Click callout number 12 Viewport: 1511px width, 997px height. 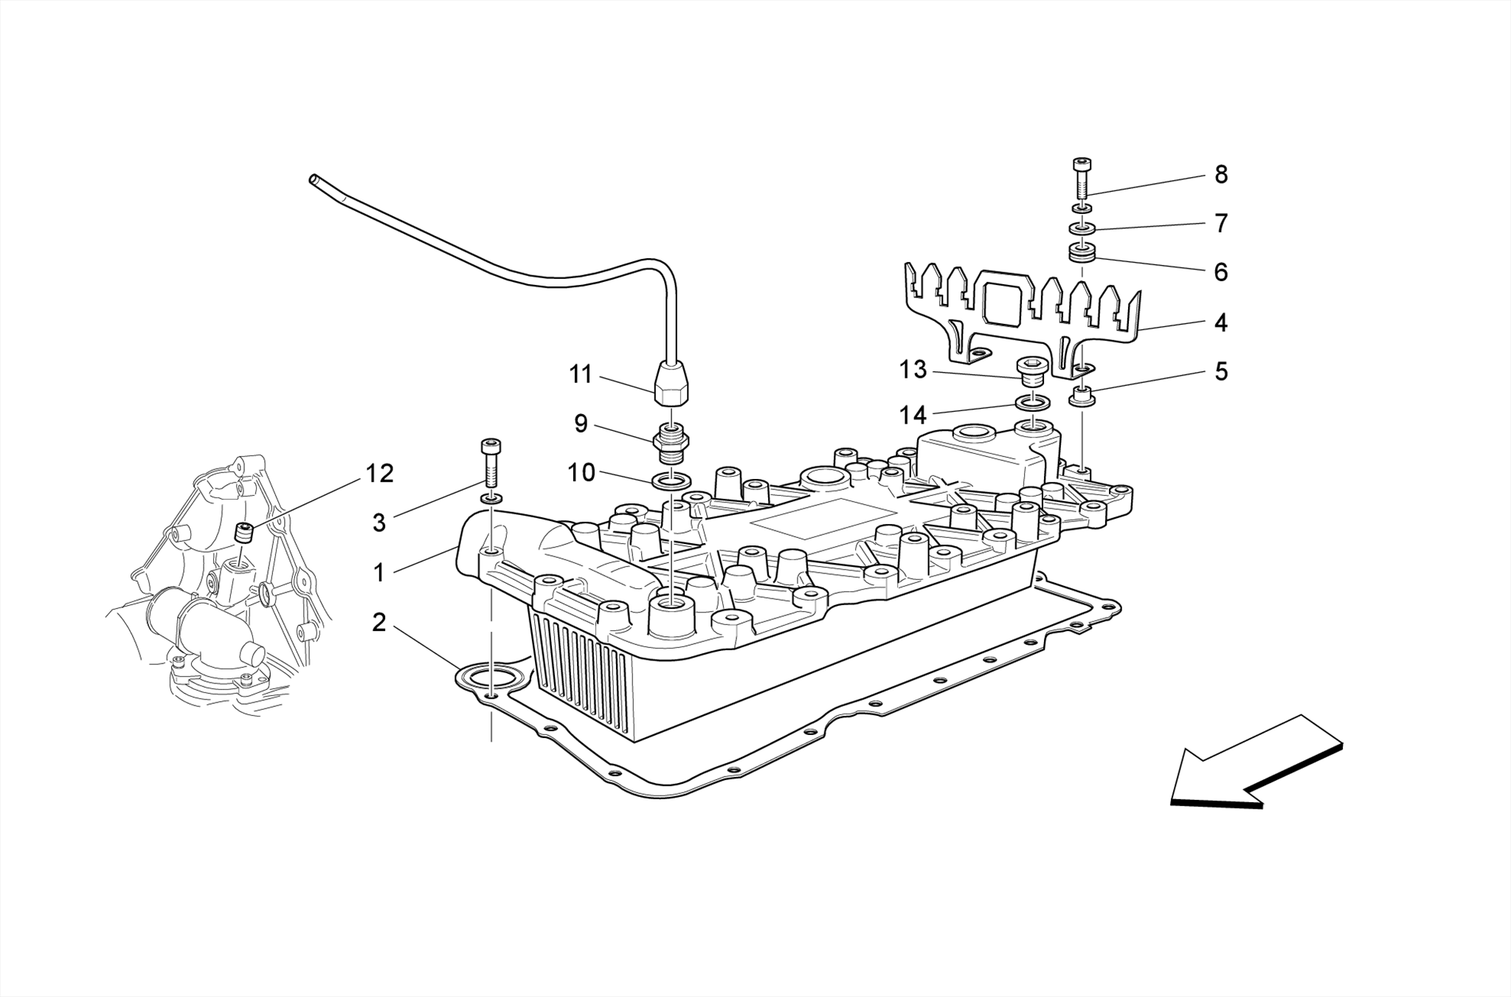379,473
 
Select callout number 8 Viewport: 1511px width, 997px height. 1221,175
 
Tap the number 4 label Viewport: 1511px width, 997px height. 1221,322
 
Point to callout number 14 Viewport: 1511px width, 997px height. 912,415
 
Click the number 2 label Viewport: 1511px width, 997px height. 378,623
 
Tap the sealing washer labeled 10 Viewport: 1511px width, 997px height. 671,483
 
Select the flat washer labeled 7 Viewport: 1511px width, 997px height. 1082,228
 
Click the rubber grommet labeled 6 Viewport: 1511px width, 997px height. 1082,255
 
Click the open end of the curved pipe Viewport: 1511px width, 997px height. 314,179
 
